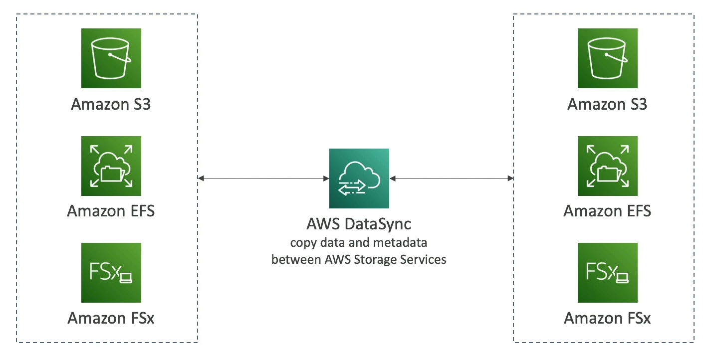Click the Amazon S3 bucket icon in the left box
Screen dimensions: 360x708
[x=111, y=58]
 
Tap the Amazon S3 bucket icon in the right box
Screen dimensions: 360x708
[x=608, y=58]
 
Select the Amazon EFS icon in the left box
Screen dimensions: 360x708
[x=111, y=166]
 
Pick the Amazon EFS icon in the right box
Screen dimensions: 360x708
[x=608, y=166]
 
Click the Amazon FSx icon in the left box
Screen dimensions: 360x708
[x=111, y=273]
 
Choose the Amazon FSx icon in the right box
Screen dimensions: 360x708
[x=608, y=273]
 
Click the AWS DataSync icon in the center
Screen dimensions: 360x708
[x=359, y=178]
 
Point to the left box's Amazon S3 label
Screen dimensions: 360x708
[x=111, y=105]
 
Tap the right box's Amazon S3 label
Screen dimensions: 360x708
[x=607, y=105]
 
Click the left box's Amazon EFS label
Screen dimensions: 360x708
[x=111, y=211]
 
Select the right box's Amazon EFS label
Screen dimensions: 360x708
[x=607, y=211]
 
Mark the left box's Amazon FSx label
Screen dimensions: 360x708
[x=111, y=318]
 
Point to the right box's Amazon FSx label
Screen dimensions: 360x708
[x=607, y=318]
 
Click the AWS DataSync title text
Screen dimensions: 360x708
[x=359, y=224]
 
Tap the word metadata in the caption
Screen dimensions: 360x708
[x=405, y=243]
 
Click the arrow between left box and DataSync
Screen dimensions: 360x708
[x=263, y=178]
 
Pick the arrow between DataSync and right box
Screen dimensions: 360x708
[x=452, y=178]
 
